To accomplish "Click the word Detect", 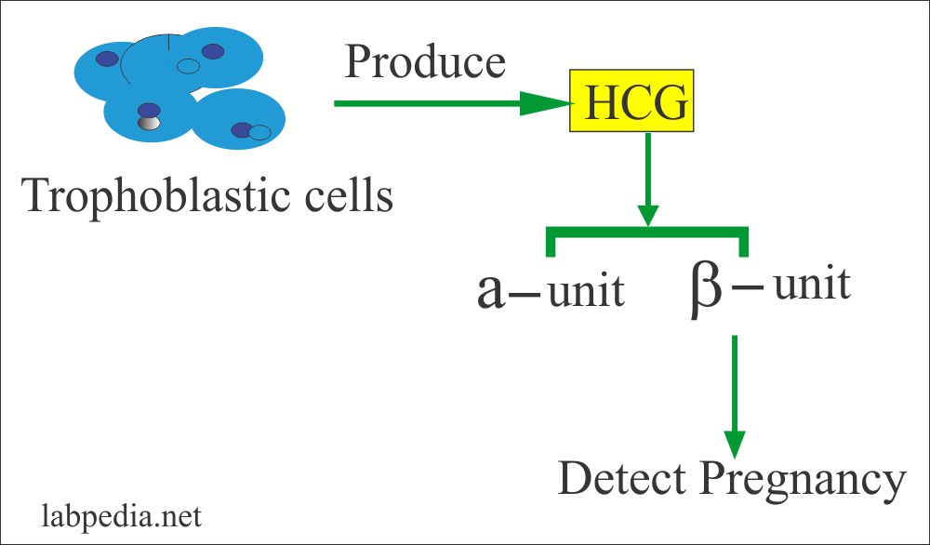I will point(622,480).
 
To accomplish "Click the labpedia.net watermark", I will point(116,514).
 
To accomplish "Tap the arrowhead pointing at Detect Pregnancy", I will point(735,444).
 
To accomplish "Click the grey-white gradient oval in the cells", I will point(148,123).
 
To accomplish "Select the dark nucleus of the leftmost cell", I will point(107,59).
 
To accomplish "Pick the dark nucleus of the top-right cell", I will point(213,51).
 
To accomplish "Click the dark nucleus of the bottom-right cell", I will point(242,130).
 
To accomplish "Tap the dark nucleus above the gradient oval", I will point(147,109).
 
